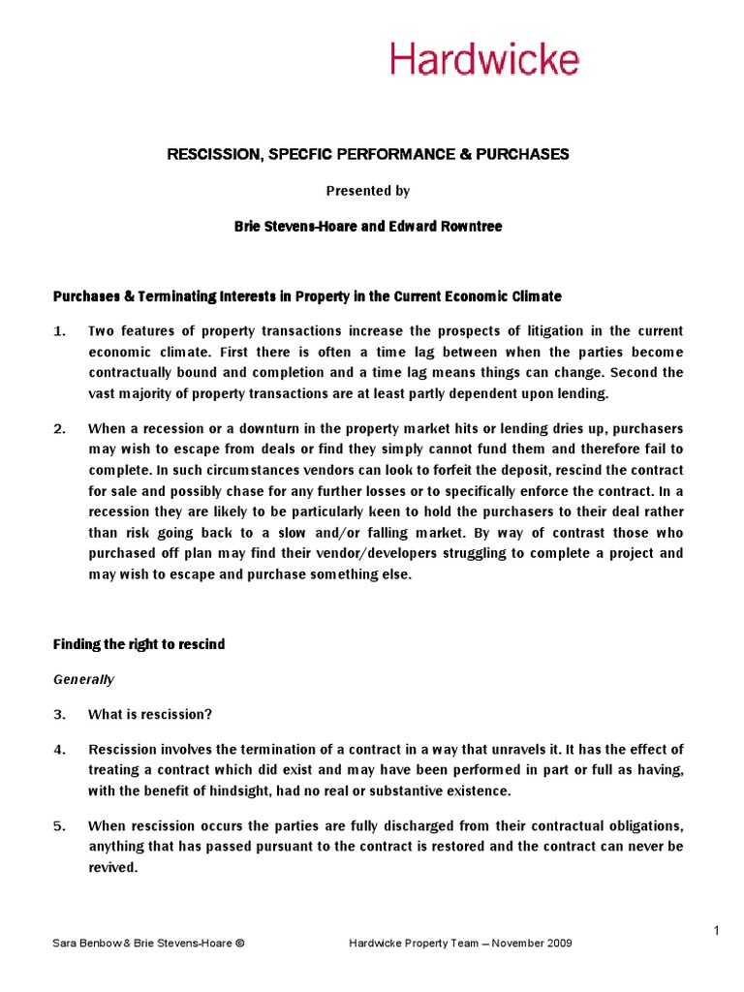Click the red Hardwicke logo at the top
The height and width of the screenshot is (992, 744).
[484, 59]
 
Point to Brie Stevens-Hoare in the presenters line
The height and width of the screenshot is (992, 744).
[296, 226]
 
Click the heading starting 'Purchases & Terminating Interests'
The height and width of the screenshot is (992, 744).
[307, 295]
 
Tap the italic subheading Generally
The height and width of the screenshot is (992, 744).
[83, 679]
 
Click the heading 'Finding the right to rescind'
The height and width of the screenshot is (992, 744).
[139, 644]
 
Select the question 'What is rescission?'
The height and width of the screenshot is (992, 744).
[149, 714]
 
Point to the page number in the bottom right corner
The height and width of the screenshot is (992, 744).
[716, 931]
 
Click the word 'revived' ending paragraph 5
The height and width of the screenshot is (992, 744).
[111, 868]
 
